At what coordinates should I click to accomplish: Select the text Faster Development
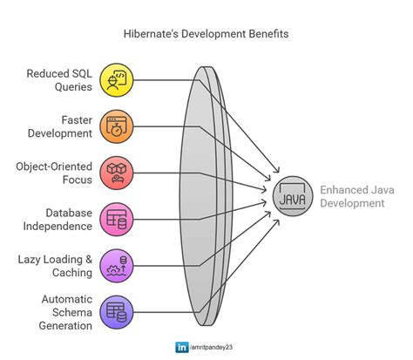57,126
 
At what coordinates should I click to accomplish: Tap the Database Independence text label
56,220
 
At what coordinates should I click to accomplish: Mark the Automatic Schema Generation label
59,313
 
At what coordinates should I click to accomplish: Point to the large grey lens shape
206,196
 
